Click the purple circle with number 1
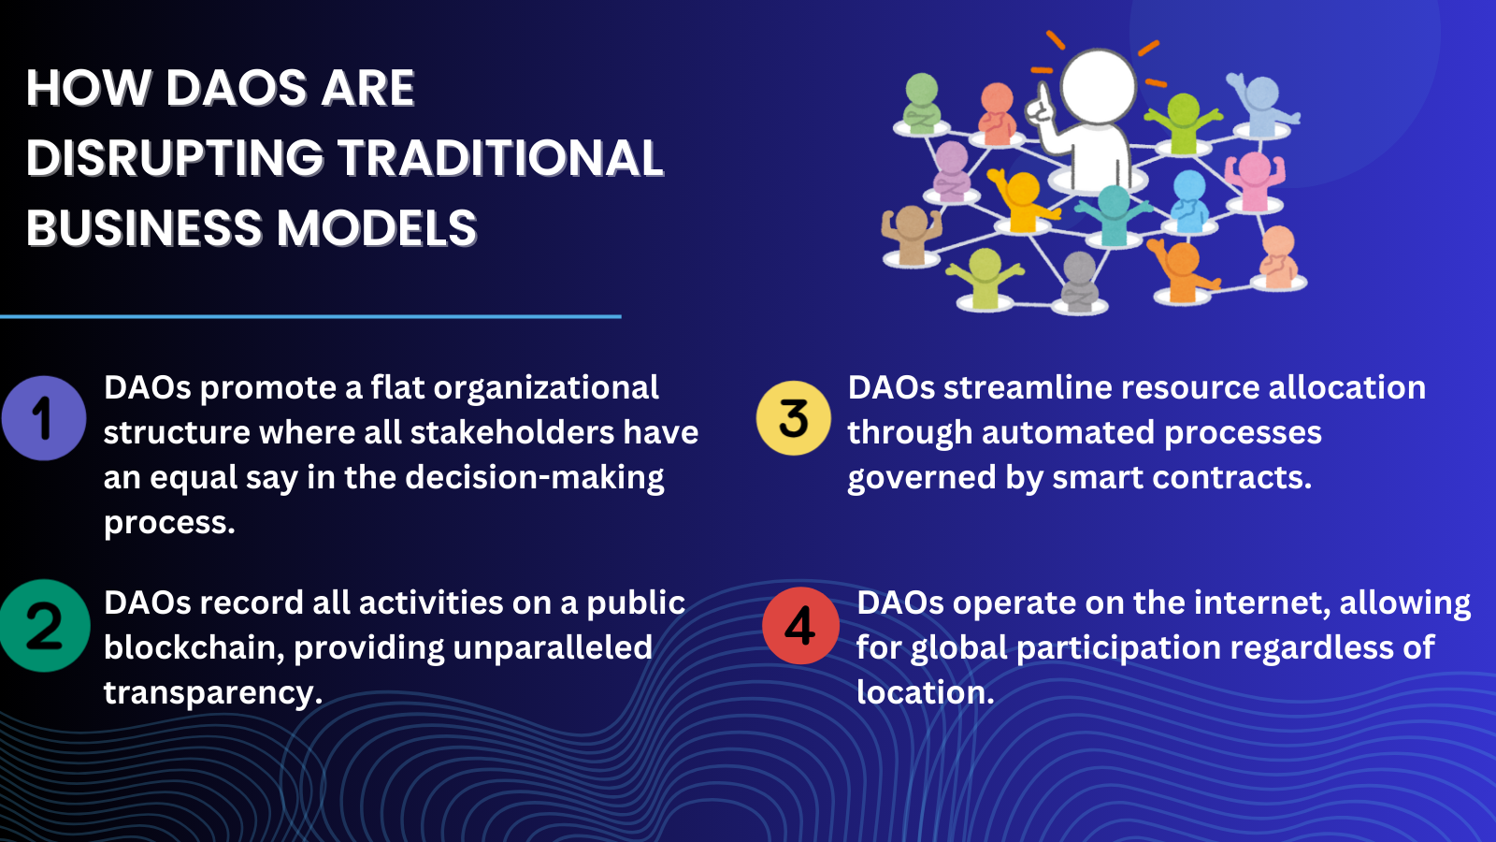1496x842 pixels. pyautogui.click(x=44, y=418)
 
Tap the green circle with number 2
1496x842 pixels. pyautogui.click(x=44, y=626)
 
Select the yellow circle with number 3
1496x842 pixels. pyautogui.click(x=794, y=418)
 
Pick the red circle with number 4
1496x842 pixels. pyautogui.click(x=800, y=626)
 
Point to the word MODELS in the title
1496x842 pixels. pyautogui.click(x=377, y=228)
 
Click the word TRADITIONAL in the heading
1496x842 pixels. pyautogui.click(x=501, y=158)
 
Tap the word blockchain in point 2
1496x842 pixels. pyautogui.click(x=194, y=647)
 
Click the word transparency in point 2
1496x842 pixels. pyautogui.click(x=212, y=693)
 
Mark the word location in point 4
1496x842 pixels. pyautogui.click(x=926, y=692)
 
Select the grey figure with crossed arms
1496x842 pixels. pyautogui.click(x=1079, y=282)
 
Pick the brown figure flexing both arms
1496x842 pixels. pyautogui.click(x=911, y=235)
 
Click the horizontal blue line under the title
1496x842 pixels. pyautogui.click(x=310, y=317)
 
